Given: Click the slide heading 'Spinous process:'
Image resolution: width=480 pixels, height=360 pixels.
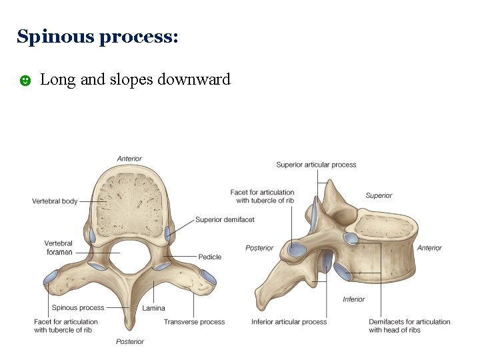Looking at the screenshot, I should [97, 37].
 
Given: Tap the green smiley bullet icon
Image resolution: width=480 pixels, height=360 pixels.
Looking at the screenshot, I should [24, 81].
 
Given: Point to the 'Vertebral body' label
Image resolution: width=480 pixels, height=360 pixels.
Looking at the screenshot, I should [55, 201].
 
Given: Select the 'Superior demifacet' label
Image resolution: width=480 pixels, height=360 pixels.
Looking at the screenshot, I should [225, 220].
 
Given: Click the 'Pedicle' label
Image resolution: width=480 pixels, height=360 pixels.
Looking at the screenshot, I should [209, 257].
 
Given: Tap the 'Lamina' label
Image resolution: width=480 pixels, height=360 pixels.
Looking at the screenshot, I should [153, 309].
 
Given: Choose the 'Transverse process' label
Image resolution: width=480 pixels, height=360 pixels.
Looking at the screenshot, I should [194, 322].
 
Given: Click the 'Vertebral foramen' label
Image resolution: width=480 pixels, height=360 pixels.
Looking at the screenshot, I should [59, 248].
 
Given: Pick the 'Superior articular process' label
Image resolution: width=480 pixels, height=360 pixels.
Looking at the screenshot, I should [316, 165].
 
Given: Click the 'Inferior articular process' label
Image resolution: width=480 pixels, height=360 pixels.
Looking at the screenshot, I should [289, 322].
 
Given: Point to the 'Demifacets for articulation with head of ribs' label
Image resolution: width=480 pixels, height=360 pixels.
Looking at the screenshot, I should [409, 326].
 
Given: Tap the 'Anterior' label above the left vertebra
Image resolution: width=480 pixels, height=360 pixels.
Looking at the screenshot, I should [129, 159].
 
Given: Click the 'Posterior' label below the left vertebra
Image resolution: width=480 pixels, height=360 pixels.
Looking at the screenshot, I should [129, 342].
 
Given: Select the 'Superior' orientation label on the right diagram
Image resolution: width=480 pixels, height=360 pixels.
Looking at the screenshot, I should [379, 196].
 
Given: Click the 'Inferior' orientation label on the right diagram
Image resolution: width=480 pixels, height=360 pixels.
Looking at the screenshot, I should [353, 299].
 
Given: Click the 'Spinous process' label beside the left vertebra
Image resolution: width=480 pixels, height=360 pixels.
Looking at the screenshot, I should [78, 308].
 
